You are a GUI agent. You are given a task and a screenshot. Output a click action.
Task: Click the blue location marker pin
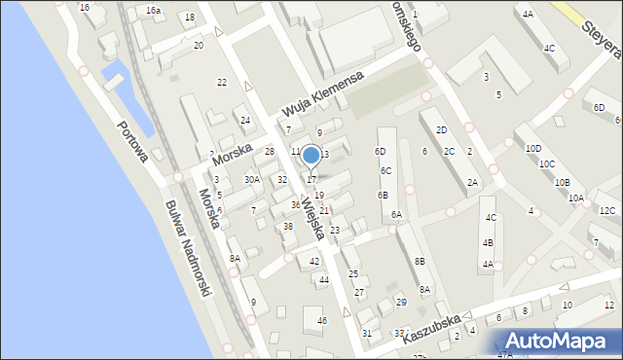(x=311, y=156)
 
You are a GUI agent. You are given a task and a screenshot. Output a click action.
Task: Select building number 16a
(x=154, y=10)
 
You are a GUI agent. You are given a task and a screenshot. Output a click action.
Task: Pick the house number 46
(x=322, y=320)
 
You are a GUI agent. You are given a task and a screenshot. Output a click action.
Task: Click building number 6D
(x=380, y=152)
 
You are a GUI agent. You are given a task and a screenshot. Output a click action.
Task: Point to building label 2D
(x=441, y=129)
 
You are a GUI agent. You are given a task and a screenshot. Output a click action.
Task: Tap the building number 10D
(x=533, y=148)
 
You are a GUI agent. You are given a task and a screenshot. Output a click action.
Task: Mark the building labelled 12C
(x=607, y=211)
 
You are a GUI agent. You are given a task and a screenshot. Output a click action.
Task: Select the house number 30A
(x=251, y=179)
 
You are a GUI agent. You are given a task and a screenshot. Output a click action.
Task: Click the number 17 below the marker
(x=311, y=179)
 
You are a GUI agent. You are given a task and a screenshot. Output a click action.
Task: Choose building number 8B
(x=419, y=261)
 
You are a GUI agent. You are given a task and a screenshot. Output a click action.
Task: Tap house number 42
(x=313, y=262)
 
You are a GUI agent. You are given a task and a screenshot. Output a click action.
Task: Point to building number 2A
(x=472, y=182)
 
